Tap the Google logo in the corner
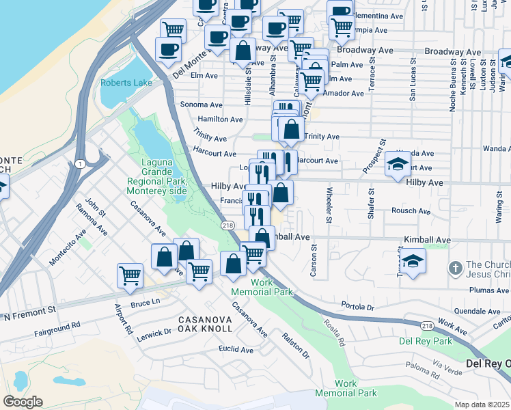(x=23, y=402)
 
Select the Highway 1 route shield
(x=81, y=163)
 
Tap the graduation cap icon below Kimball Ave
(x=413, y=261)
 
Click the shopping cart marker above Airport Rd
(x=130, y=276)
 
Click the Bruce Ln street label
(x=145, y=301)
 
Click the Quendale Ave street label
(x=477, y=310)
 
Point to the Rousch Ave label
(x=408, y=210)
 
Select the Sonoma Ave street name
(x=201, y=105)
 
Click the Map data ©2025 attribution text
(x=482, y=405)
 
